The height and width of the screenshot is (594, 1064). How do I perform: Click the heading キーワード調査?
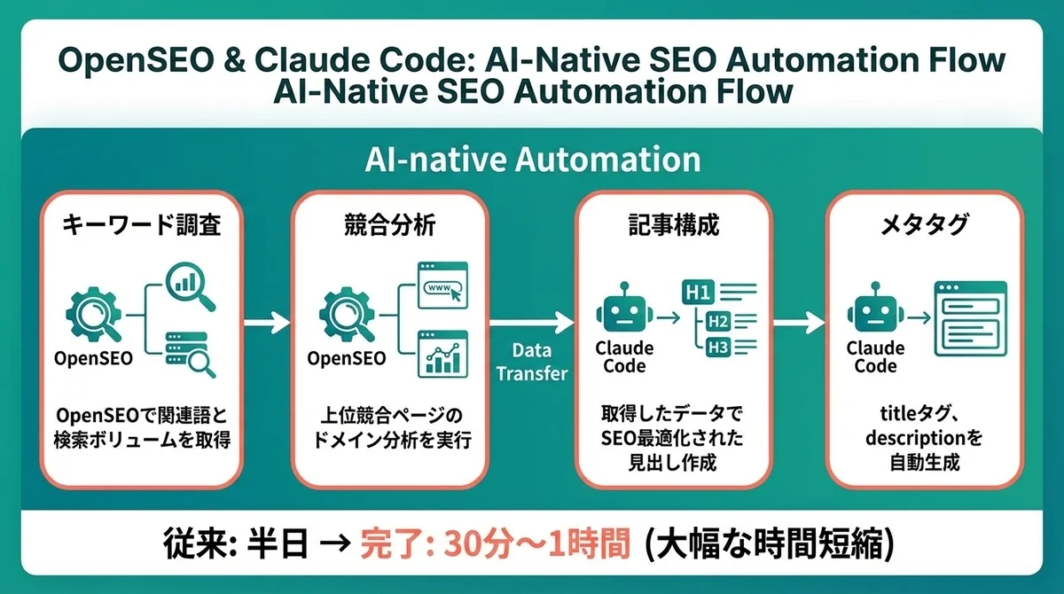142,226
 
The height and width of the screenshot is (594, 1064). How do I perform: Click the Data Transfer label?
531,363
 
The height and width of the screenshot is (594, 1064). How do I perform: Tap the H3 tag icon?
717,347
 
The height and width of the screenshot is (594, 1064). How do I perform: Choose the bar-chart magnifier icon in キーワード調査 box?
191,285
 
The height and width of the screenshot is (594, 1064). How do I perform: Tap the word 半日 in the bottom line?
272,543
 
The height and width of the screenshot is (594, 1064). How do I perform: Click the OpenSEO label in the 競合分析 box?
346,359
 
